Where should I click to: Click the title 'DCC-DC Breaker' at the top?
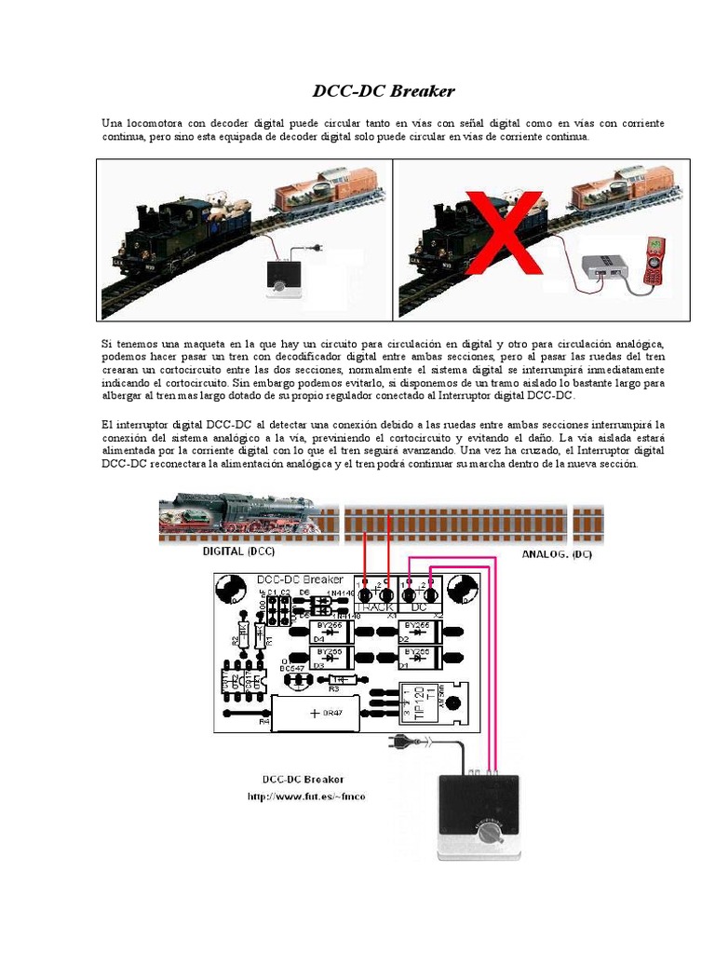coord(383,91)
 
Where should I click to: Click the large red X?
coord(504,233)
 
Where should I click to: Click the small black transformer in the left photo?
coord(282,277)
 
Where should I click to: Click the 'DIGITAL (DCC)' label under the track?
coord(238,552)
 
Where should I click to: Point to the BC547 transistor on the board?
coord(300,679)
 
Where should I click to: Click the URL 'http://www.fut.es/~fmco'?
coord(306,797)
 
